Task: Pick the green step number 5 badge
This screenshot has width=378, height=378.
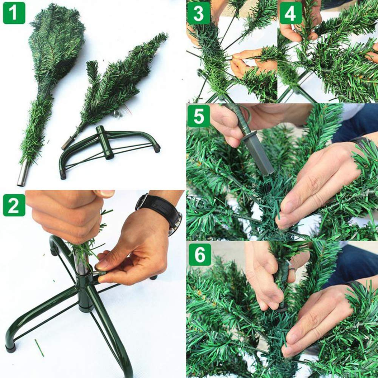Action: tap(198, 116)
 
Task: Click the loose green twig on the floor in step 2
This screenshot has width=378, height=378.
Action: tap(39, 348)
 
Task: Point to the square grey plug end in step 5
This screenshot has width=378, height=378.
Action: tap(261, 156)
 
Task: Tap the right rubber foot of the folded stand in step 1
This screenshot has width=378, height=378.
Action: tap(156, 148)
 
